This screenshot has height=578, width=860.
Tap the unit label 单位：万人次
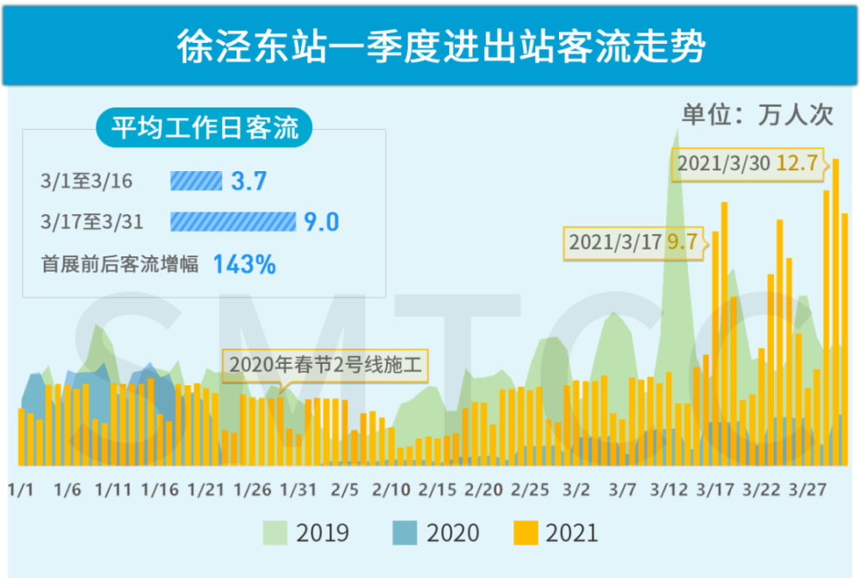point(757,115)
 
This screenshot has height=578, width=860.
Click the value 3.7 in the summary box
point(249,181)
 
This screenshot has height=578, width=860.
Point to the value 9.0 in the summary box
point(322,223)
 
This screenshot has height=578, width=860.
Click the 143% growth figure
point(244,264)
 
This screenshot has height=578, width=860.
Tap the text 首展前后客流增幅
point(120,264)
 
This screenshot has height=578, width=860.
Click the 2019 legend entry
point(306,533)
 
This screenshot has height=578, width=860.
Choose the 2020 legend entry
point(437,533)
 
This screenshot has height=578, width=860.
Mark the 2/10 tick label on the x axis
point(391,490)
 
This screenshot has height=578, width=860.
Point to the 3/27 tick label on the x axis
point(808,490)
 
